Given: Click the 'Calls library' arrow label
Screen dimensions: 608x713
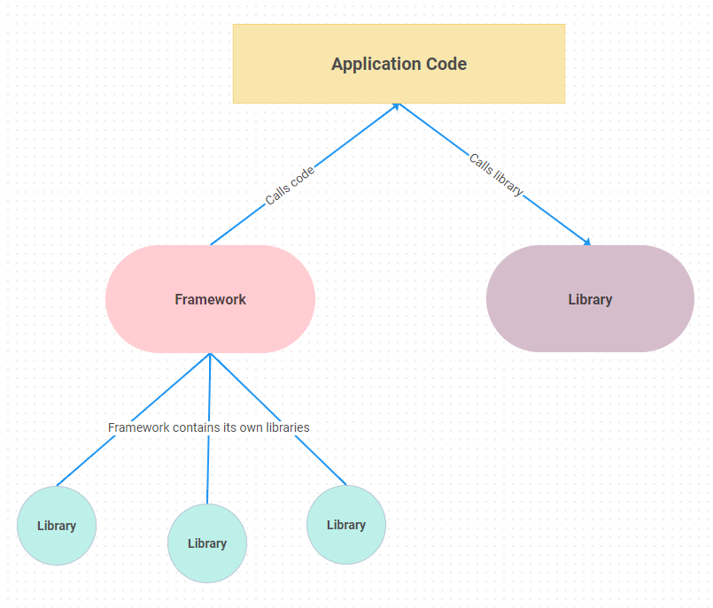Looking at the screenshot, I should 496,175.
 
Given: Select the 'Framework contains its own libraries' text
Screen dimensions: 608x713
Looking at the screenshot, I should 208,427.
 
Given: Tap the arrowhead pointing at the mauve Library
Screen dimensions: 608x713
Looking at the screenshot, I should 586,241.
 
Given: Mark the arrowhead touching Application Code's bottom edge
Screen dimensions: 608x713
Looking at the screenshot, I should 397,106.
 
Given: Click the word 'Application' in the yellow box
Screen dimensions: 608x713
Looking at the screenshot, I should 368,64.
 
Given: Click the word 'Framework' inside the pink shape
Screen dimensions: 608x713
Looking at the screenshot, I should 210,299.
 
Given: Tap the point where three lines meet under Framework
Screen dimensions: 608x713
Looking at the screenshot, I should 210,354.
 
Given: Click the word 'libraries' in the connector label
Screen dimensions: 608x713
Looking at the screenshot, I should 288,427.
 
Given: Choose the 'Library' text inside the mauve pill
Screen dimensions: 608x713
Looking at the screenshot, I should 590,299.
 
